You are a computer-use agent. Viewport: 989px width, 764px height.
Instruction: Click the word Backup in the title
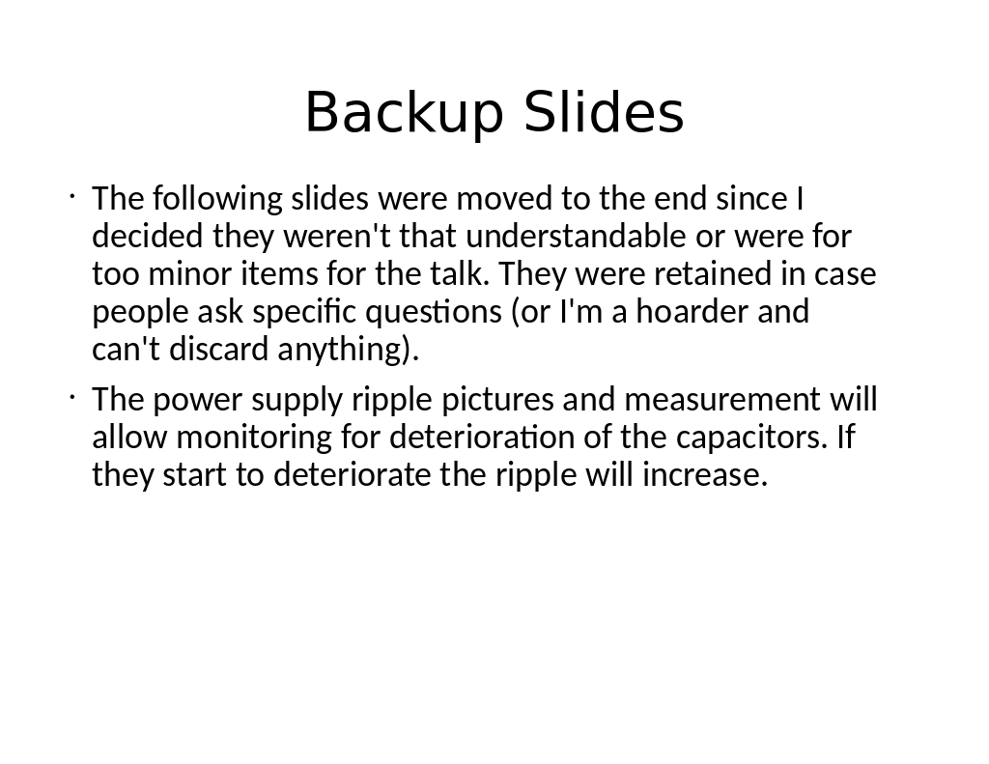pos(405,112)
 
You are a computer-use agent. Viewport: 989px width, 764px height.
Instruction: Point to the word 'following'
pos(217,199)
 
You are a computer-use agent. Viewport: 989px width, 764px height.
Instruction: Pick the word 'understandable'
pos(576,236)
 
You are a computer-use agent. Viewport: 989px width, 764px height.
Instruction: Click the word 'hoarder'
pos(692,311)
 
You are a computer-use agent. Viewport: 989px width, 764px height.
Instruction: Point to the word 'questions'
pos(434,312)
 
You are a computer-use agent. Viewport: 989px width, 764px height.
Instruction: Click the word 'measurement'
pos(722,399)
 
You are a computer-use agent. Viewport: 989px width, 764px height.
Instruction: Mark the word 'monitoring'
pos(254,438)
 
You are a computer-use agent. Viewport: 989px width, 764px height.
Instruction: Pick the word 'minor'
pos(189,273)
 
